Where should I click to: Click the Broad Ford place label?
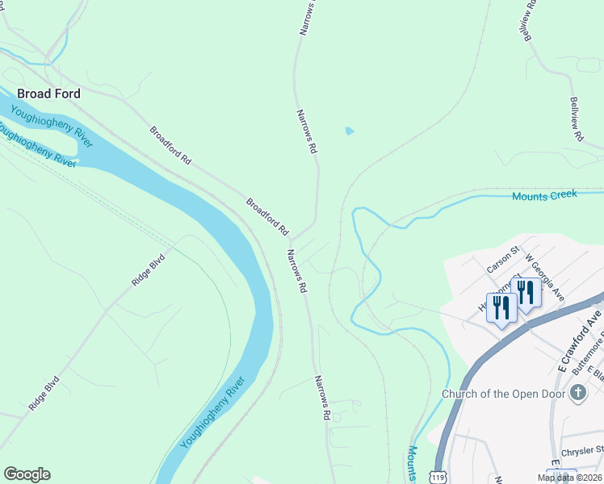point(48,94)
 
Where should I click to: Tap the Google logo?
point(27,474)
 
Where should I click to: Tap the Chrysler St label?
point(581,449)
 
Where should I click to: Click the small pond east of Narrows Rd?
point(349,131)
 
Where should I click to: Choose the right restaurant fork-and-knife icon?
point(526,293)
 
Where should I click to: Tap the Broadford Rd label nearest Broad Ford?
point(170,145)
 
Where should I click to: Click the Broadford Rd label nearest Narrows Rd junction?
point(267,216)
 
